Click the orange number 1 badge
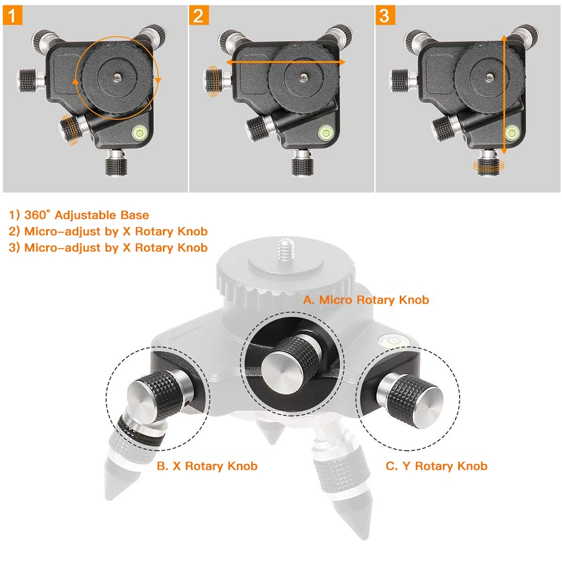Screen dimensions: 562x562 coord(12,15)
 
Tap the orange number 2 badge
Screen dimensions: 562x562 coord(199,15)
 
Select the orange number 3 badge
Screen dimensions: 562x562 coord(385,15)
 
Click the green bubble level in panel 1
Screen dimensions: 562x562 coord(140,132)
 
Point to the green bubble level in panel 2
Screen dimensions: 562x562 coord(326,132)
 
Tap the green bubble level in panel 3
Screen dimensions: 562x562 coord(512,132)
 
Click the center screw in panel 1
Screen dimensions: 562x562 coord(117,76)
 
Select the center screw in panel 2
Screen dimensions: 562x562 coord(304,76)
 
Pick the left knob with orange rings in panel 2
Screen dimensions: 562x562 coord(215,81)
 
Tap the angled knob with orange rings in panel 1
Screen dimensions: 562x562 coord(72,129)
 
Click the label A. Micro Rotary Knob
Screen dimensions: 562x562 coord(366,300)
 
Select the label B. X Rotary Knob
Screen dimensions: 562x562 coord(207,466)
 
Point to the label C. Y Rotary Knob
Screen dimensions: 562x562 coord(437,466)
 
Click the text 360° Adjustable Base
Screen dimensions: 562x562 coord(86,215)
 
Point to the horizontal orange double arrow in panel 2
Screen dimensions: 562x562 coord(286,62)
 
